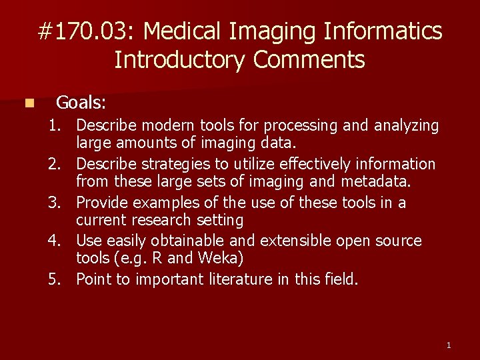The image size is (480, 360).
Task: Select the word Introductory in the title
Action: [x=179, y=60]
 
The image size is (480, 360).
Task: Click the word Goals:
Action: [x=81, y=103]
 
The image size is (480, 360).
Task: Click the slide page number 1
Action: [x=449, y=345]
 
